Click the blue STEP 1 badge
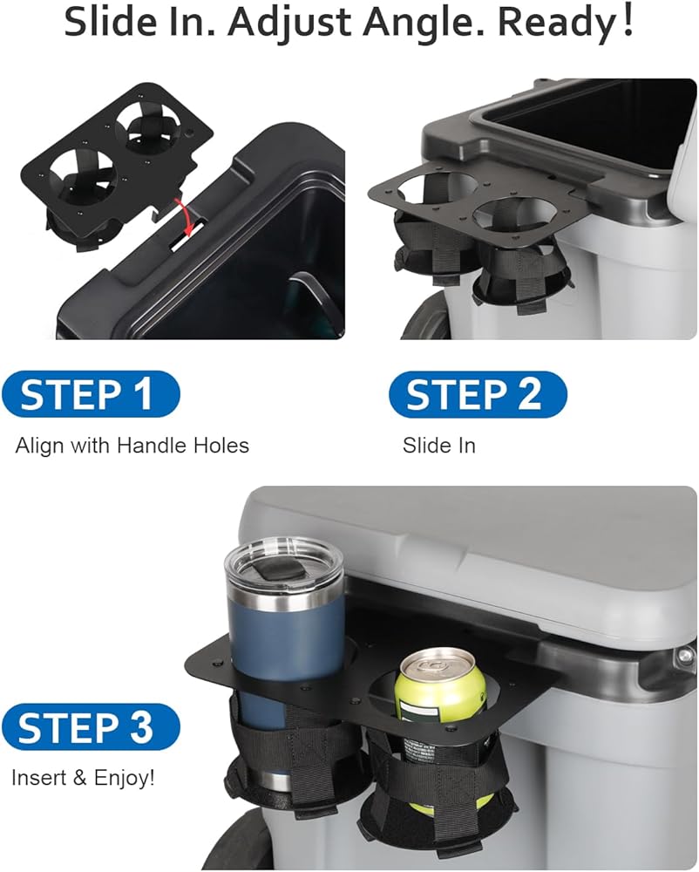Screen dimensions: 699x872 tap(90, 394)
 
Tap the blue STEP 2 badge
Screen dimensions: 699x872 tap(478, 394)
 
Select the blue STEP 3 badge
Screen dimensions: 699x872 tap(91, 727)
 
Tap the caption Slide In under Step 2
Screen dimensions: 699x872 tap(439, 446)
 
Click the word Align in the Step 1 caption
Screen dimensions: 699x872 tap(39, 446)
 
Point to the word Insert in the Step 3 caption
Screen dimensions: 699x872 tap(41, 777)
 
